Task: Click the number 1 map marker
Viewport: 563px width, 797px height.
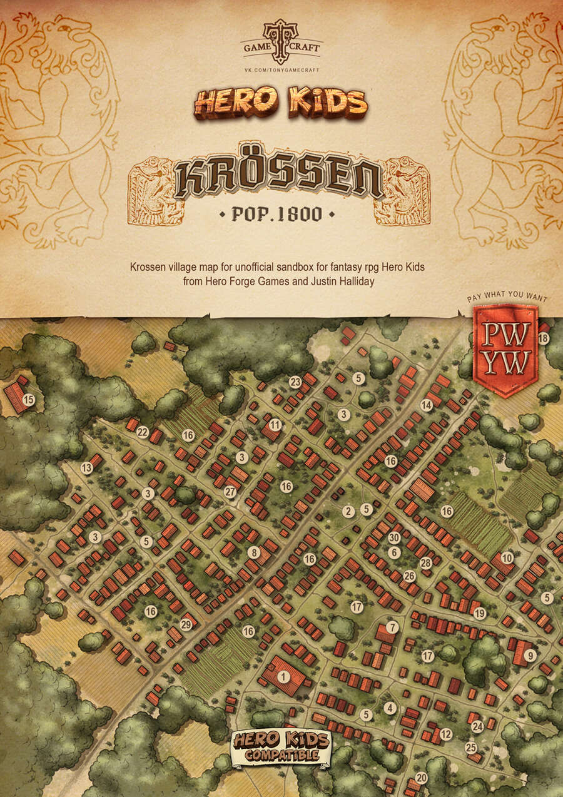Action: (283, 676)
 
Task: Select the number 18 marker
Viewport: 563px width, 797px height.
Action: (543, 338)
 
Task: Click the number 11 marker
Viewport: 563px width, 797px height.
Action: (275, 425)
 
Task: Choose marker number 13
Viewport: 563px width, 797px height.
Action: (87, 467)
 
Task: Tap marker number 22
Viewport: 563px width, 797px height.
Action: (143, 432)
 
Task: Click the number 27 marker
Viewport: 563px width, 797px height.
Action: (230, 492)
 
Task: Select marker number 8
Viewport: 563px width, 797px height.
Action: (253, 552)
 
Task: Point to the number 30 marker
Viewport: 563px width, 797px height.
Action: (393, 537)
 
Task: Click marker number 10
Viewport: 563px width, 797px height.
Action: (507, 557)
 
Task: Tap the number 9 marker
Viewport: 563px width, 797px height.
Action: (530, 656)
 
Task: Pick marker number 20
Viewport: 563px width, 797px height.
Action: (421, 778)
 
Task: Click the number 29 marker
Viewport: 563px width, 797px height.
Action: (185, 624)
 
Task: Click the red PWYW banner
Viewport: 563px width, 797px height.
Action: (505, 349)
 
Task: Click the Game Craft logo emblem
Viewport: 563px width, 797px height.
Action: (281, 41)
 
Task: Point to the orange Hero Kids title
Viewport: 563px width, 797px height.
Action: (281, 104)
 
